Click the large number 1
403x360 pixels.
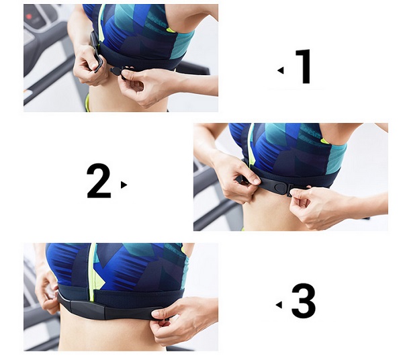pos(304,66)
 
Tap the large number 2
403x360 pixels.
pos(99,181)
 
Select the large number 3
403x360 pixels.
pos(304,301)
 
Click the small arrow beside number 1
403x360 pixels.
pos(281,70)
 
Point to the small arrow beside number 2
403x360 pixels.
pos(124,185)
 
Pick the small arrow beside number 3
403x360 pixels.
pos(279,305)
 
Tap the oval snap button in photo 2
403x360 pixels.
pos(279,188)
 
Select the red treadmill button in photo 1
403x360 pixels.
pos(28,17)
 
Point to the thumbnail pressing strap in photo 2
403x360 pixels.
pos(256,181)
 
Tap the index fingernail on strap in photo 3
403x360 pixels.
pos(156,314)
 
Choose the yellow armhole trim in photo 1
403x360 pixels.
pos(171,30)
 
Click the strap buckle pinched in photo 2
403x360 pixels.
pos(291,190)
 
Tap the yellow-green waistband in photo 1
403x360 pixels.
pos(87,103)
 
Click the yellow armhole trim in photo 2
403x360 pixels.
pos(325,140)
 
